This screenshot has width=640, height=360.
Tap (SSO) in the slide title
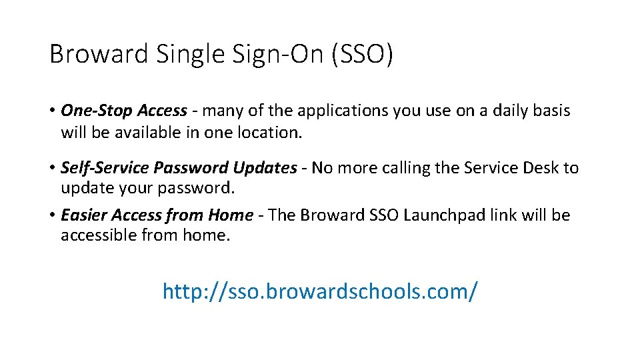362,54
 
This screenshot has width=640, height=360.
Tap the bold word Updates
264,167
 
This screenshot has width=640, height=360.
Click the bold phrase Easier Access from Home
157,215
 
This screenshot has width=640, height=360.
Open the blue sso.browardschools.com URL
320,290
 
